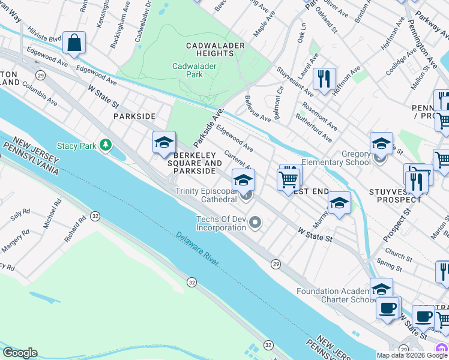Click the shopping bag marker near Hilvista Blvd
tap(74, 43)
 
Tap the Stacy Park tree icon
tap(106, 145)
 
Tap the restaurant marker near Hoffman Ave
tap(324, 79)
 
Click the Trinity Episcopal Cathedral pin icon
tap(246, 194)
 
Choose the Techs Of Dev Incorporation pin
tap(256, 224)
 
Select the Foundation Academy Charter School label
tap(336, 296)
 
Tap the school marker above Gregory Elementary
tap(381, 144)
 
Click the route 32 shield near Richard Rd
tap(95, 215)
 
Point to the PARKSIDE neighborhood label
tap(137, 116)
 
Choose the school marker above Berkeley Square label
tap(164, 143)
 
